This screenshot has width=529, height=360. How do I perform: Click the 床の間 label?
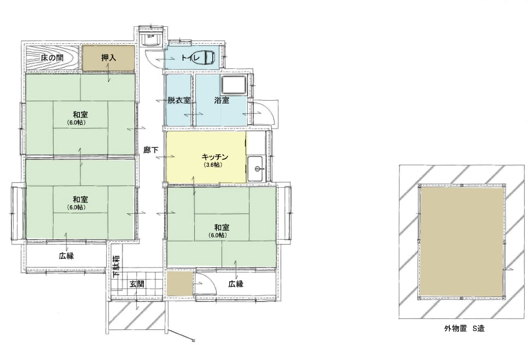coord(52,57)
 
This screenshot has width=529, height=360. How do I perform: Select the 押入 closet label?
coord(109,57)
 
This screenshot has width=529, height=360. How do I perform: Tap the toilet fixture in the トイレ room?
coord(205,57)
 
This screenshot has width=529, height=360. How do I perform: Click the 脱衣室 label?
coord(179,100)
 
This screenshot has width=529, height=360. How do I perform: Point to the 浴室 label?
coord(222,100)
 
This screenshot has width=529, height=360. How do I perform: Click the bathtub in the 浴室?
coord(234,85)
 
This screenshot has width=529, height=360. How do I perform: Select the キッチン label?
coord(215,157)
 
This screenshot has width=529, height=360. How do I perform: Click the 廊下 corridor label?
coord(150,150)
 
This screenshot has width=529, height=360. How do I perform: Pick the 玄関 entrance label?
coord(137,284)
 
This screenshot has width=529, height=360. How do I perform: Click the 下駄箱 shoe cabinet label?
coord(116,266)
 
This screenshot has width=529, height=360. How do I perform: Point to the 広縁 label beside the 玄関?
coord(235,284)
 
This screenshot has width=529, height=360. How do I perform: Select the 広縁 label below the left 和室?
coord(66,256)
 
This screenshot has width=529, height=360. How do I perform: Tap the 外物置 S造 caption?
coord(464,328)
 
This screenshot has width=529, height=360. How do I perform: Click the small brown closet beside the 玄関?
coord(179,284)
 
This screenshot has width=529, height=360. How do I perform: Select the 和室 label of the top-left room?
coord(80,115)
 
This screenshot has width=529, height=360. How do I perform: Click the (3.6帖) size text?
coord(213,165)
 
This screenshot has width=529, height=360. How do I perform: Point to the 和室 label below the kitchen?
coord(222,227)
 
